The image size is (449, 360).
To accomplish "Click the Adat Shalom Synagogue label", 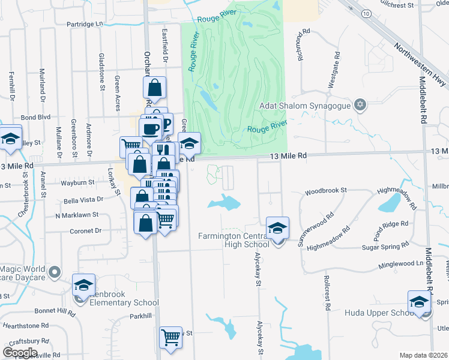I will pos(304,106).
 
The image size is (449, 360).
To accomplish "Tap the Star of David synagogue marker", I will pos(360,106).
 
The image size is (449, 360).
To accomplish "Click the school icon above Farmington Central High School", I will pos(278,227).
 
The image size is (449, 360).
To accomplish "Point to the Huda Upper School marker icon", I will pos(419,302).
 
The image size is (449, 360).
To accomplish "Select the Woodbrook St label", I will pos(326,191).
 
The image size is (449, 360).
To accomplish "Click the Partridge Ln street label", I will pos(82,25).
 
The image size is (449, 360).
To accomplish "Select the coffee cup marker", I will pos(149,128).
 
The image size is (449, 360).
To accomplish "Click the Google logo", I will pos(20,352).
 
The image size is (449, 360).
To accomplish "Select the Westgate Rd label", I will pos(332,71).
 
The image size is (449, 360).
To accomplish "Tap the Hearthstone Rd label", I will pos(25,325).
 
